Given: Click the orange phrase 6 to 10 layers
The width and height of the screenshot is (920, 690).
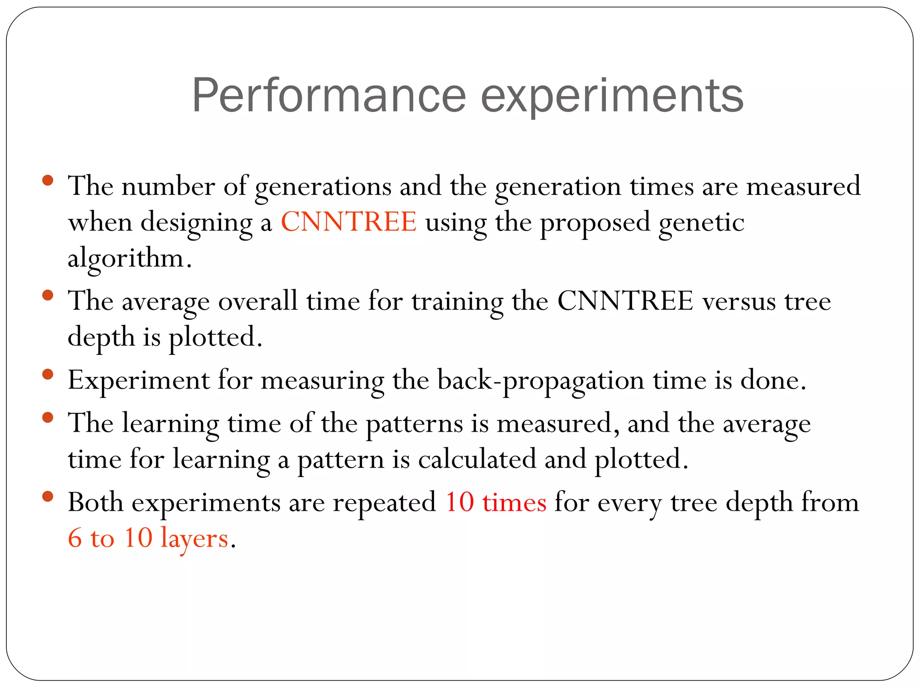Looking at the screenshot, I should [148, 538].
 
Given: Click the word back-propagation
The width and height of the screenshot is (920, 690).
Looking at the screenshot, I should [540, 380].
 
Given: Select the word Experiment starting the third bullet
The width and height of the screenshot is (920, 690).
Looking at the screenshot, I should [138, 380].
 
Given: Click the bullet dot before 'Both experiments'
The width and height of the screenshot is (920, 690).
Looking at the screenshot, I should [48, 497].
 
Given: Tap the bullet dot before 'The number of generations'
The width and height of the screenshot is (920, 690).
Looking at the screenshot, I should [48, 181].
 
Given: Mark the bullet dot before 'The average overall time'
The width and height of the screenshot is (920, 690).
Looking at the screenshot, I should [48, 296].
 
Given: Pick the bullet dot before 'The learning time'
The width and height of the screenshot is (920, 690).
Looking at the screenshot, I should [48, 418].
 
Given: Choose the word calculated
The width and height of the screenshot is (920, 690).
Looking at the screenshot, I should [477, 459].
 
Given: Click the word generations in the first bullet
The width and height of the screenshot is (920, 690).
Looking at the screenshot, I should [323, 186].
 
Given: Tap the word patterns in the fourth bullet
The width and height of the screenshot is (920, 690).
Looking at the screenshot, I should [414, 424].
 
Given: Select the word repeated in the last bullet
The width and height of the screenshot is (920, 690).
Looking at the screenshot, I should [384, 503].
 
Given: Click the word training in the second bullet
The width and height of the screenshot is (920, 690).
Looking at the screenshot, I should [457, 301].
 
